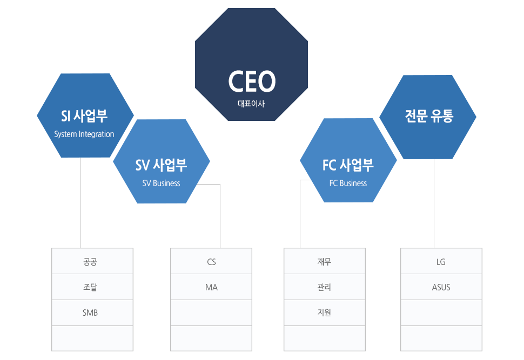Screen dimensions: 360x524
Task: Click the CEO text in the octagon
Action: coord(252,82)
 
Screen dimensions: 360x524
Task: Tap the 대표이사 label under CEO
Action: coord(251,104)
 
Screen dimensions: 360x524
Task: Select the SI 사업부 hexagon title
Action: coord(84,116)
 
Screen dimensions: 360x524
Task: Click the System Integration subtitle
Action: coord(84,134)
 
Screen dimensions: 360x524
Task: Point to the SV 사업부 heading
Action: coord(161,165)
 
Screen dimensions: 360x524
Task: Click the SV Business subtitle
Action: coord(161,183)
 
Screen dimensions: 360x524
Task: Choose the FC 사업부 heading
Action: coord(348,165)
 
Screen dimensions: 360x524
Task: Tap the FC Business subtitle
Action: coord(348,183)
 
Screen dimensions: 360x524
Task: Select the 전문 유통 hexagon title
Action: coord(429,116)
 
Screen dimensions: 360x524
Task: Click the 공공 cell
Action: coord(90,262)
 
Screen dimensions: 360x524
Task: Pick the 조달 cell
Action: coord(90,287)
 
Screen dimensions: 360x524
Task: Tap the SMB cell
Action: coord(90,313)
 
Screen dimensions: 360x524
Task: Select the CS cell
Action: coord(211,262)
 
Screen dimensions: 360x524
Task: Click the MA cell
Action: coord(211,287)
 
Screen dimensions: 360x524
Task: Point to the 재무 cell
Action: coord(324,262)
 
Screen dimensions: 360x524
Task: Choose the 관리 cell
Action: coord(324,287)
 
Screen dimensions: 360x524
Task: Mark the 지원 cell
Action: coord(324,313)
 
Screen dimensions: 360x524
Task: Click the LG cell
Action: coord(441,262)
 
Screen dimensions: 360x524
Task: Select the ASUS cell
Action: coord(441,287)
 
